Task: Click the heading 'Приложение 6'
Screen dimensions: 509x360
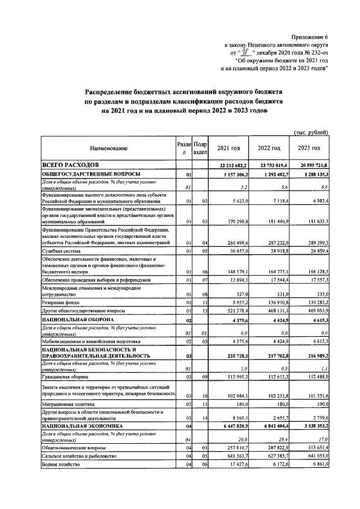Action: click(309, 37)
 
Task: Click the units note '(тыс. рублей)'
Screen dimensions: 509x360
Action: click(311, 132)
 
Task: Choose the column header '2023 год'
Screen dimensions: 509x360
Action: click(309, 148)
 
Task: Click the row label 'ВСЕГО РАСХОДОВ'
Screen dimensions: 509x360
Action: click(71, 164)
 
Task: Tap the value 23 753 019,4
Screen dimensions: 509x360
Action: click(269, 165)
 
